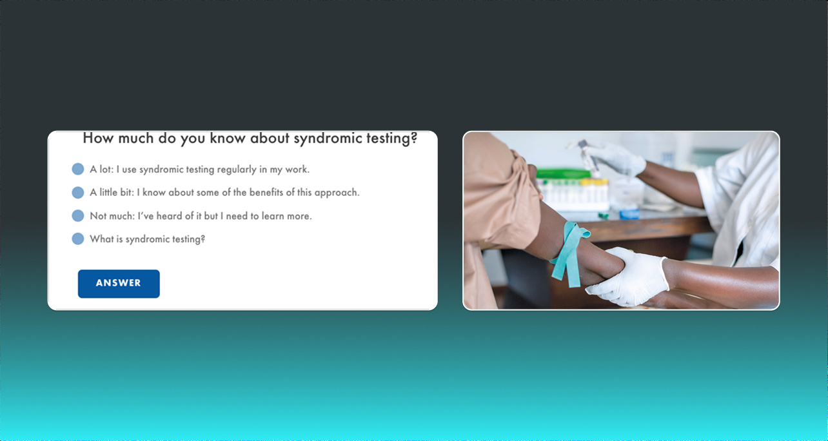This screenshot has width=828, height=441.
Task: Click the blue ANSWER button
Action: click(x=119, y=284)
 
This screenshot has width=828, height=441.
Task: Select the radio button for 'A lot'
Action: click(x=77, y=169)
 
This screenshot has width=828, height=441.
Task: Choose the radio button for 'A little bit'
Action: click(x=77, y=192)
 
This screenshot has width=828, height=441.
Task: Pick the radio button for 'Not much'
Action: click(x=77, y=215)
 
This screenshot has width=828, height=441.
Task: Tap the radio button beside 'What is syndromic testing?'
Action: click(x=77, y=239)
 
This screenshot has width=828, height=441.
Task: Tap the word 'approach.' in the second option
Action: click(x=337, y=193)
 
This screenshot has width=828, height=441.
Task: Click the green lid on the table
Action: click(x=564, y=173)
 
